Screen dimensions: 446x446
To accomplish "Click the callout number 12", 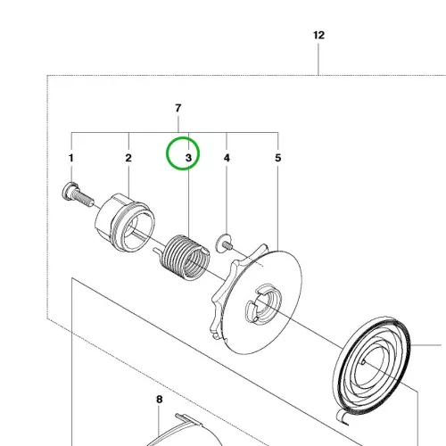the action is [318, 36].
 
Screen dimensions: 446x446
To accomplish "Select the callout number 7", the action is [178, 108].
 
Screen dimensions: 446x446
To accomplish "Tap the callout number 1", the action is [71, 158].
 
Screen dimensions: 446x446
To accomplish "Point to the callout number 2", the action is [128, 158].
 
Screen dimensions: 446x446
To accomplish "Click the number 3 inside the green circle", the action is [188, 158].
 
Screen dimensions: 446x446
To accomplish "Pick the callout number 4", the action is [227, 158].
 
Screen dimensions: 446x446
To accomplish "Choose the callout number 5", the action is [278, 158].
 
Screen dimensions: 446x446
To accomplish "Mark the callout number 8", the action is [160, 400].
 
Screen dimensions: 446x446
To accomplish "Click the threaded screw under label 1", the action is [78, 194].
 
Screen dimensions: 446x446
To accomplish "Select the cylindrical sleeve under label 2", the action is [125, 223].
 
